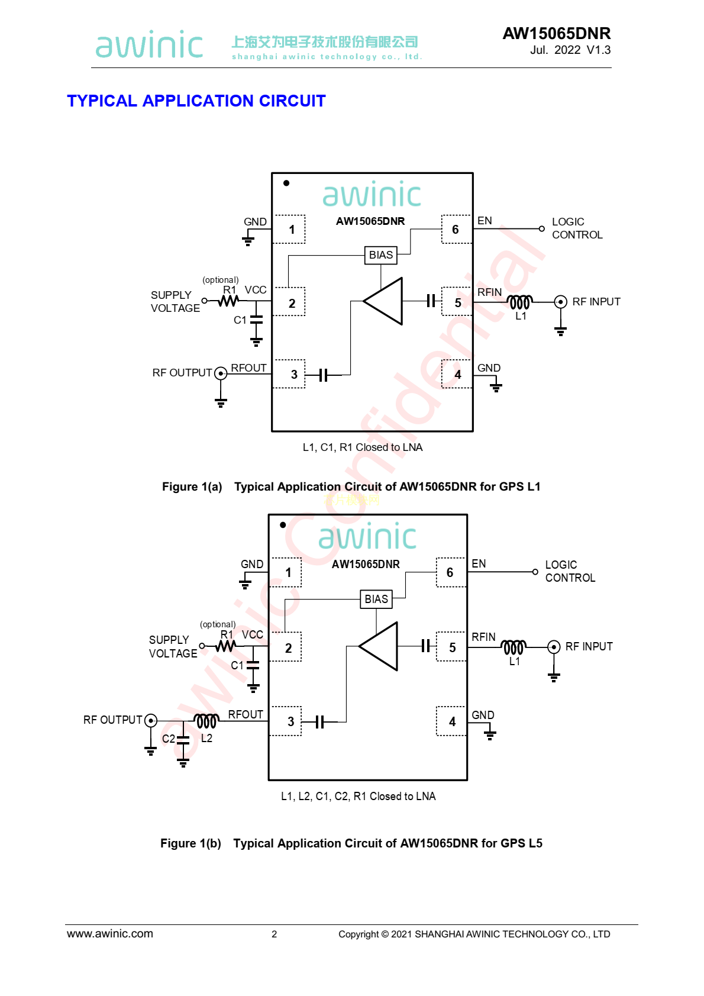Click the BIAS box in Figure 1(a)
pyautogui.click(x=380, y=255)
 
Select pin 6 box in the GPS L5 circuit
pyautogui.click(x=450, y=572)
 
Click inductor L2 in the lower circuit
pyautogui.click(x=206, y=721)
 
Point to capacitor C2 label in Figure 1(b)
pyautogui.click(x=168, y=739)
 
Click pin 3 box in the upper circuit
pyautogui.click(x=289, y=374)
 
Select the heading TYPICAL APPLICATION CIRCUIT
pyautogui.click(x=196, y=101)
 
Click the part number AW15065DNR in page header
pyautogui.click(x=556, y=34)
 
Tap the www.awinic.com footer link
pyautogui.click(x=110, y=934)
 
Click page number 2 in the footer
pyautogui.click(x=274, y=934)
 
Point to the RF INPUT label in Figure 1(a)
pyautogui.click(x=596, y=302)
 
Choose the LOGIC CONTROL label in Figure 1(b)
pyautogui.click(x=570, y=572)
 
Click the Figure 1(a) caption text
pyautogui.click(x=351, y=487)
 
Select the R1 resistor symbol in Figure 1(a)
pyautogui.click(x=228, y=301)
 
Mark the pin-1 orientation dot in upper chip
pyautogui.click(x=286, y=183)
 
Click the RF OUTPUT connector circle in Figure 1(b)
pyautogui.click(x=151, y=720)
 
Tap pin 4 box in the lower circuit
pyautogui.click(x=451, y=721)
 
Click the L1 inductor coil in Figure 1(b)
pyautogui.click(x=514, y=647)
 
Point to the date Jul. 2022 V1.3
pyautogui.click(x=570, y=50)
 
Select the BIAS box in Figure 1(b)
pyautogui.click(x=376, y=599)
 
